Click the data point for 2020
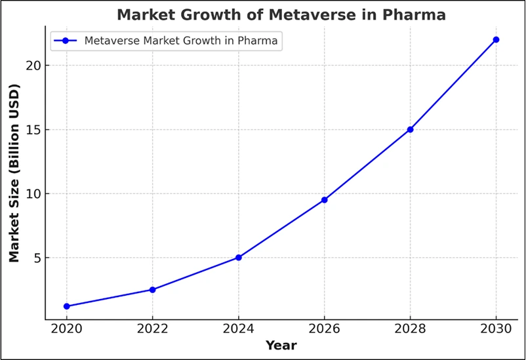(x=67, y=306)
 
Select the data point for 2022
(x=153, y=289)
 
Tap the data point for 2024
(x=239, y=258)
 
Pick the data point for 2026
(x=325, y=199)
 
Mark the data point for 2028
(x=410, y=129)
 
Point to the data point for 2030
(x=496, y=39)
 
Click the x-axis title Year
(x=281, y=345)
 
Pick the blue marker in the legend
(x=66, y=41)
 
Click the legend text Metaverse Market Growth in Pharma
(x=181, y=41)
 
